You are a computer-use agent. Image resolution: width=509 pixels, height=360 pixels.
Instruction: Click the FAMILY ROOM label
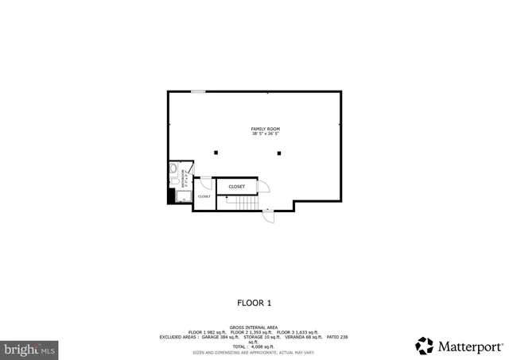point(265,129)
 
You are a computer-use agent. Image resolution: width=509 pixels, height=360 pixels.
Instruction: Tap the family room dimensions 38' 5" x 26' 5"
point(265,134)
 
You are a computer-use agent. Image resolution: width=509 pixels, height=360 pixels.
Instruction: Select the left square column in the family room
point(215,153)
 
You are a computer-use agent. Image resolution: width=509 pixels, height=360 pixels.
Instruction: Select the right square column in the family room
point(279,153)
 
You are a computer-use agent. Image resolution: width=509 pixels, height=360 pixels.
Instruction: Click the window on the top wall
point(198,91)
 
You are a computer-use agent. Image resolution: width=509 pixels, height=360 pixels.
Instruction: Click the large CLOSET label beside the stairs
point(236,187)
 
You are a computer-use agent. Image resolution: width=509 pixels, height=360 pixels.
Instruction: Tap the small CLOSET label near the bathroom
point(204,196)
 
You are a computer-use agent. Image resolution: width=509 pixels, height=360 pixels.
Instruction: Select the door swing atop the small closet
point(205,182)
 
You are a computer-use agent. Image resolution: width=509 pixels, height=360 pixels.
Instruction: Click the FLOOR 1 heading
point(254,303)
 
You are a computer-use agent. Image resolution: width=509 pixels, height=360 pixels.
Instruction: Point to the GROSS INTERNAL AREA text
point(254,327)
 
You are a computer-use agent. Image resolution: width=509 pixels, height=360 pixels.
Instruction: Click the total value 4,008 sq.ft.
point(254,346)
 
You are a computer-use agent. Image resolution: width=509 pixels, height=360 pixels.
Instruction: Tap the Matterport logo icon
point(425,346)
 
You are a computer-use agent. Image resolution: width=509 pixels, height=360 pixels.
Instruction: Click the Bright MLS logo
point(30,349)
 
